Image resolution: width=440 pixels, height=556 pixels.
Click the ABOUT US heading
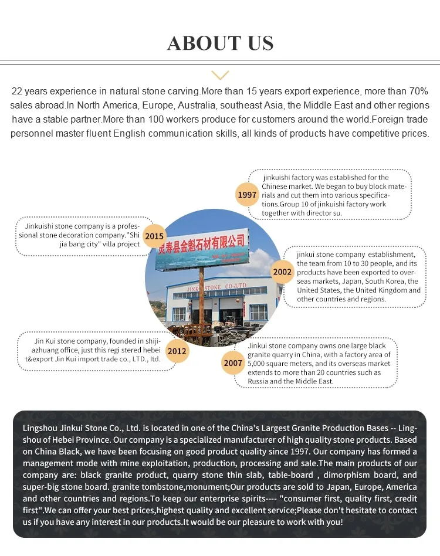(220, 43)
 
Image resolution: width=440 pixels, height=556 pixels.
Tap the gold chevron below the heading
(220, 74)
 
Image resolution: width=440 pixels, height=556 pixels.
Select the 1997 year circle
(247, 194)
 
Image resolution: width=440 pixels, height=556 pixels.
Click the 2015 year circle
(154, 236)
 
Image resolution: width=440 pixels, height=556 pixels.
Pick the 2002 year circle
(282, 272)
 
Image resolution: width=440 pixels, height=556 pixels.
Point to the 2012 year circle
(177, 351)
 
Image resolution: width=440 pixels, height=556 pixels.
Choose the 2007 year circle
(233, 363)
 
